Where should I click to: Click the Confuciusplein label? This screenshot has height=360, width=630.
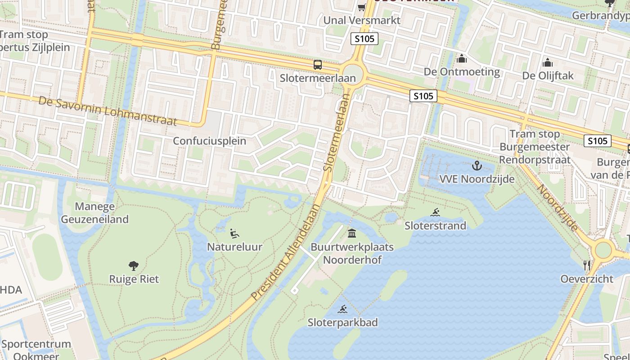[210, 141]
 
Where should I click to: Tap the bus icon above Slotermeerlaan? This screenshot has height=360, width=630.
[318, 65]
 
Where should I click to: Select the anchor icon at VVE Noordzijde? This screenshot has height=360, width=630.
[477, 166]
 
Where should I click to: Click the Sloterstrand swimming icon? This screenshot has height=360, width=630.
[435, 212]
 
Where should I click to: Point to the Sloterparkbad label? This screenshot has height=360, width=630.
[343, 322]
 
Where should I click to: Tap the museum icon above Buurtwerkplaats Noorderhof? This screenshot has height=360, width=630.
[352, 234]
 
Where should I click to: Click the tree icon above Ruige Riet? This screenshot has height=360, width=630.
[134, 266]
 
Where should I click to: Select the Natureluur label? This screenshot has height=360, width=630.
[234, 247]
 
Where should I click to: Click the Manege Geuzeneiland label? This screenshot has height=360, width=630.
[94, 213]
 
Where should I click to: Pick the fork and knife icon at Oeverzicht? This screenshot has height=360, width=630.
[587, 265]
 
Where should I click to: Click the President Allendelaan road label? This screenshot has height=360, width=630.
[286, 252]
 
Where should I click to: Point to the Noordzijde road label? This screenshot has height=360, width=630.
[558, 208]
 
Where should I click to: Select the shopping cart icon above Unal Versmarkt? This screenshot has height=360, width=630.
[361, 7]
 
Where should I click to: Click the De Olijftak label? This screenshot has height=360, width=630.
[548, 76]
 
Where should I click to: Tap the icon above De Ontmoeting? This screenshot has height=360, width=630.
[462, 59]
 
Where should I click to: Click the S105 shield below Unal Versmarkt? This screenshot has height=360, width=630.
[364, 39]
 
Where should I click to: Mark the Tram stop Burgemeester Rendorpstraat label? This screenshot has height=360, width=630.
[535, 147]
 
